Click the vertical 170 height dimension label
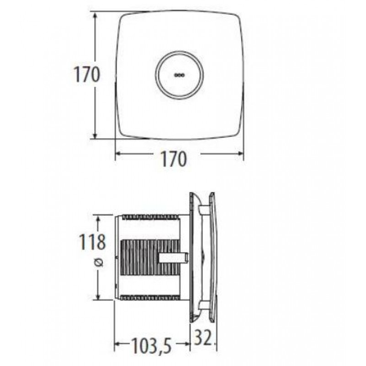click(86, 74)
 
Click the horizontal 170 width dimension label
click(174, 159)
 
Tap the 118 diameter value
click(92, 242)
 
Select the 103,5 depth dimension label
click(151, 346)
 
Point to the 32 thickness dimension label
click(203, 337)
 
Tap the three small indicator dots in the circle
click(179, 75)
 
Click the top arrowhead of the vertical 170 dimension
click(95, 16)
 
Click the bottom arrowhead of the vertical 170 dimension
click(95, 135)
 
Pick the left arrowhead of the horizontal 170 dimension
click(119, 153)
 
